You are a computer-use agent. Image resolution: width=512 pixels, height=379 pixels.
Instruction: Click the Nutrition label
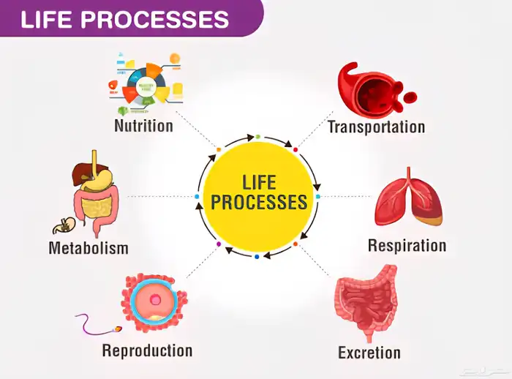(143, 126)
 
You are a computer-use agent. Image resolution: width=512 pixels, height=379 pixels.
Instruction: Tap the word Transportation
(376, 127)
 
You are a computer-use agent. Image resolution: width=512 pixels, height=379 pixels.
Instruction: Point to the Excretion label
(369, 353)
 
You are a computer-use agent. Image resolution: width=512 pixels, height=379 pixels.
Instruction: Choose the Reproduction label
(147, 350)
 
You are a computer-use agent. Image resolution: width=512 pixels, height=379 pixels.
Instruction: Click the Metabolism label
(89, 248)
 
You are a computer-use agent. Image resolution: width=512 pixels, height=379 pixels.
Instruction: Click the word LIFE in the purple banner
(47, 19)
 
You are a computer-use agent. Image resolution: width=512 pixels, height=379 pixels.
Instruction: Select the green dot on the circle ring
(257, 137)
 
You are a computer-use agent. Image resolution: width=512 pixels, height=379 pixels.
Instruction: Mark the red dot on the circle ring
(295, 149)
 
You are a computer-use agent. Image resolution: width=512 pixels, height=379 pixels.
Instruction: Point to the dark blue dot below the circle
(257, 257)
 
